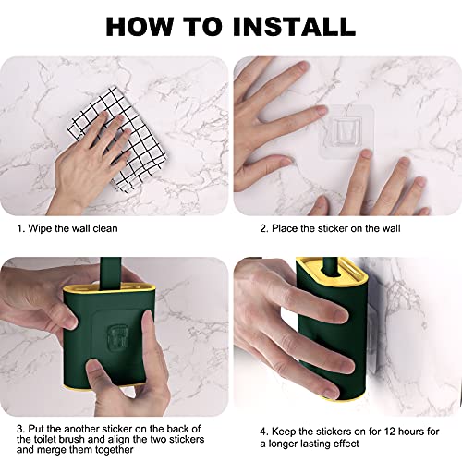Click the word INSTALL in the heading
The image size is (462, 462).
click(288, 25)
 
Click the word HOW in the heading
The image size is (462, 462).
click(140, 25)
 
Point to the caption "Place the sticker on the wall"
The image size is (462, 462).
click(331, 227)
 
